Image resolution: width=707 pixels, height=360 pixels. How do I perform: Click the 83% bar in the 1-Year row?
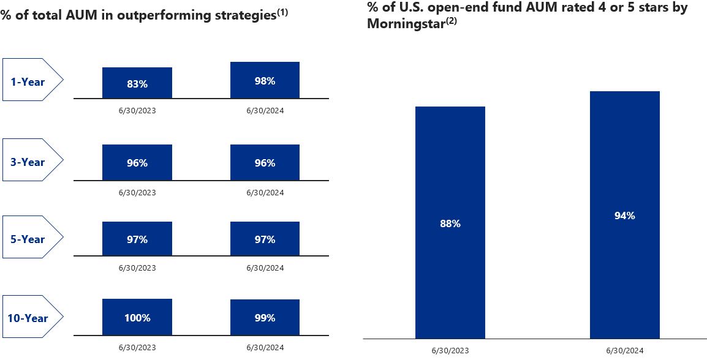137,83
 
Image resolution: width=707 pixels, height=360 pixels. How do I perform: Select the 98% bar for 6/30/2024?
265,80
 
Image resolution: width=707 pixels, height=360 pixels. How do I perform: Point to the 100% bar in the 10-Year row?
137,318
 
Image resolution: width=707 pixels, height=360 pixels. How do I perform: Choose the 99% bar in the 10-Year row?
265,318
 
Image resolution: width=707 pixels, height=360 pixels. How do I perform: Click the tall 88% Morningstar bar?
450,223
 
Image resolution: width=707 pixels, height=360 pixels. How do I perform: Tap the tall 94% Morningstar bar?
624,215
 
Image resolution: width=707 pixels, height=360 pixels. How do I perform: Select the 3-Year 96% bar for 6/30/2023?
137,163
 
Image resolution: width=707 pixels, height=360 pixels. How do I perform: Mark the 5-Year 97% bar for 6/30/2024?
265,239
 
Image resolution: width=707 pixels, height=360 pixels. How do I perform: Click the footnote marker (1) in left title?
282,12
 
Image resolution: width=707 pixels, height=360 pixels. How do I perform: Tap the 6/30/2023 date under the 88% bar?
450,351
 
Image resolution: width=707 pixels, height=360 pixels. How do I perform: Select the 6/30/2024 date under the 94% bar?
624,351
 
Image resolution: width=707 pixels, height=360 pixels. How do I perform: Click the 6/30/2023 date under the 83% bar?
137,111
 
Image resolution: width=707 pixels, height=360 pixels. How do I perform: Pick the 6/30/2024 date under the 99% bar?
265,347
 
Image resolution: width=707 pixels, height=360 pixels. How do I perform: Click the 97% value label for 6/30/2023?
137,239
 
